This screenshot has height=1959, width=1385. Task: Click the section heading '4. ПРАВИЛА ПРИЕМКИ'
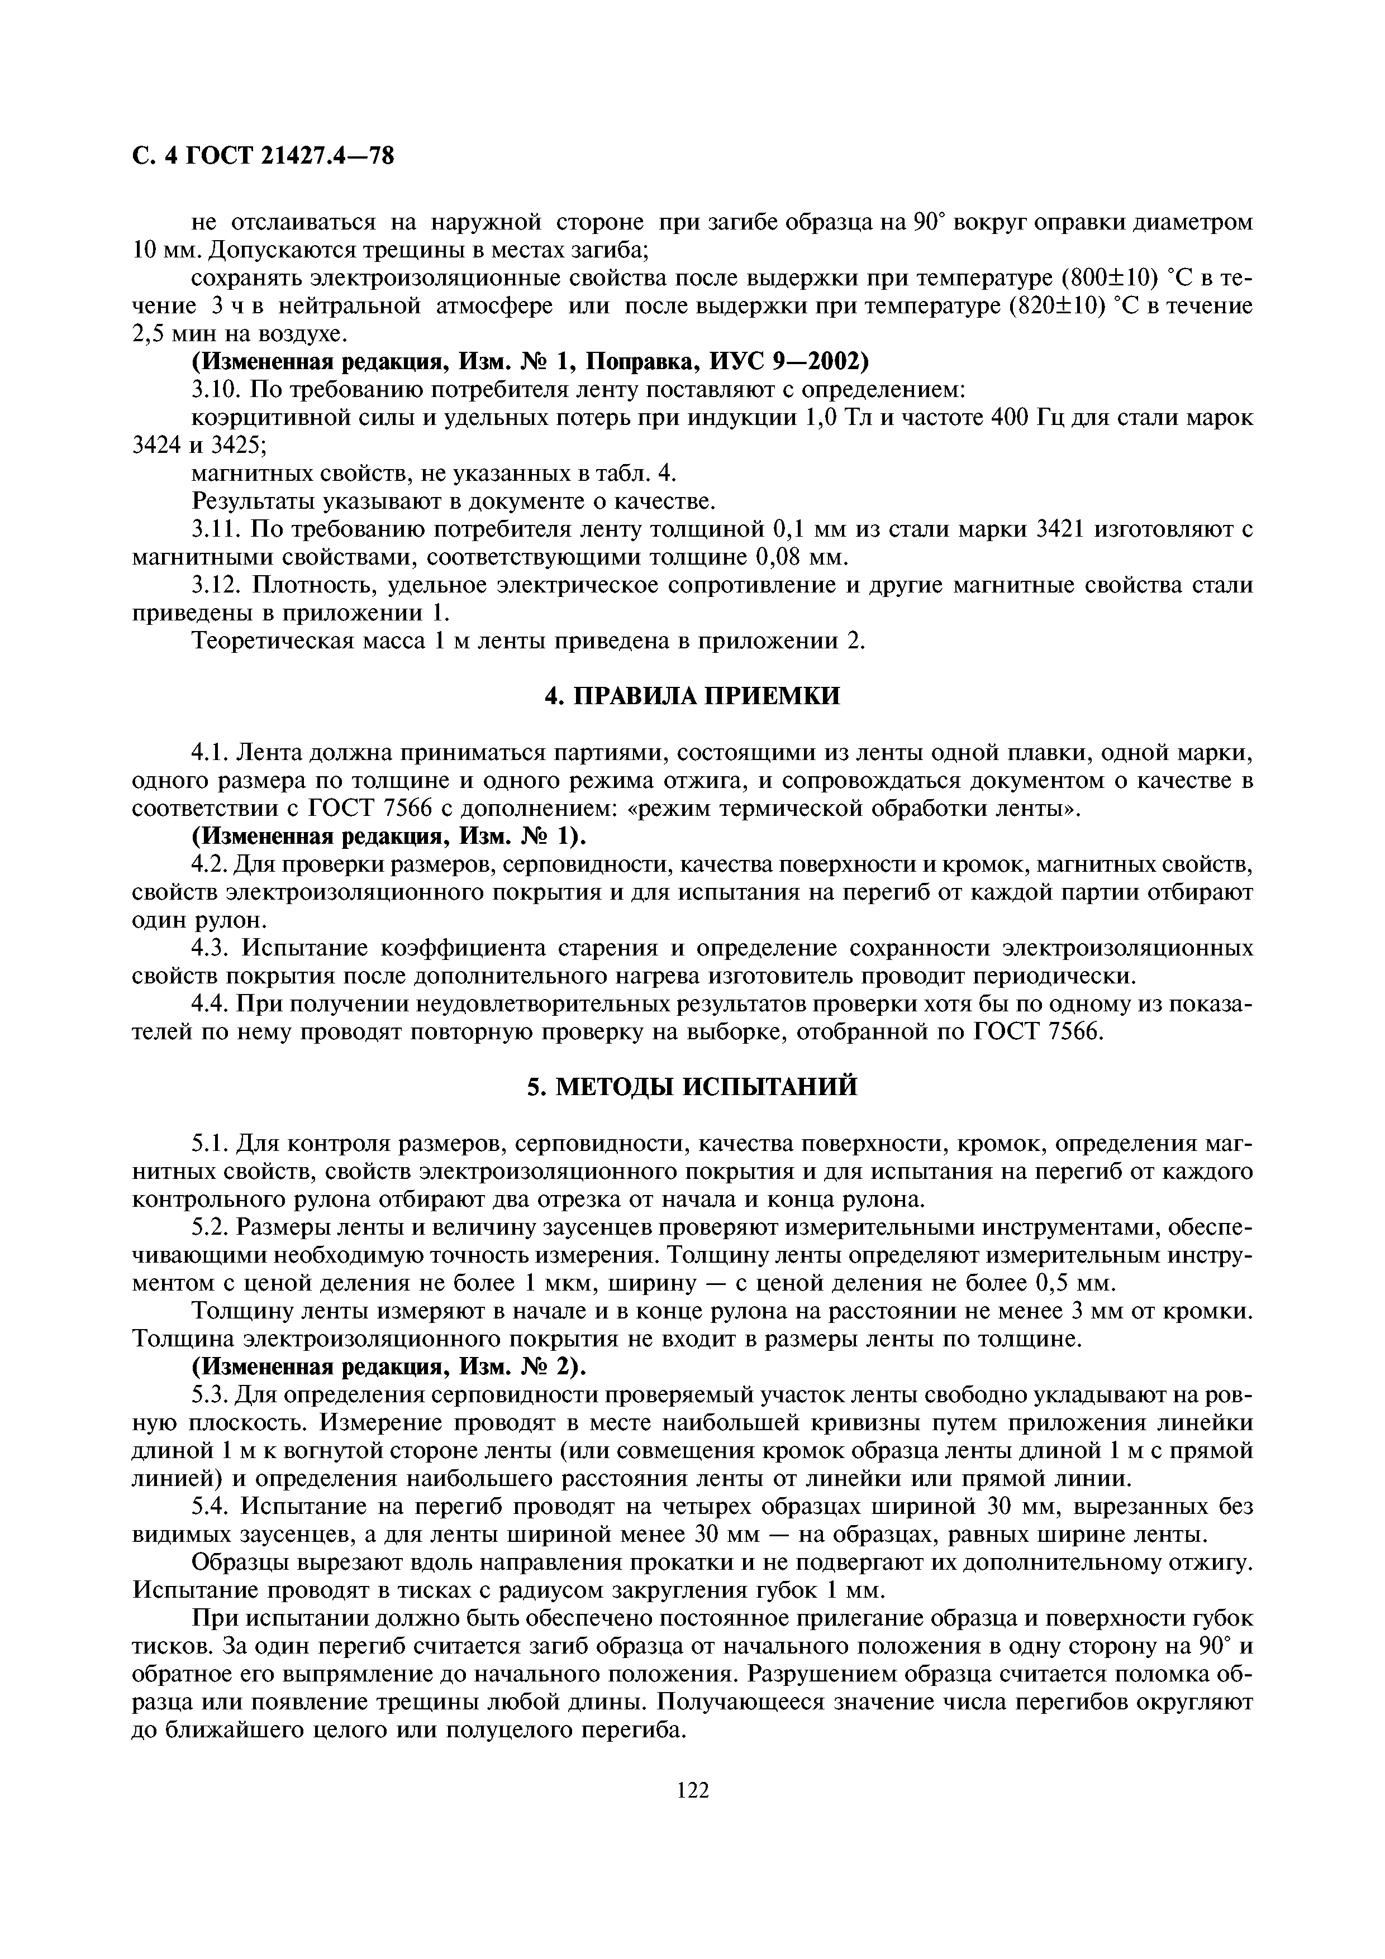[692, 696]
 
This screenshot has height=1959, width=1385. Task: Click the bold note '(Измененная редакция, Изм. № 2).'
[390, 1367]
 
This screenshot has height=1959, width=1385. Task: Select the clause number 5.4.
[210, 1507]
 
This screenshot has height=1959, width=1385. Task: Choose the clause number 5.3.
[210, 1395]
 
